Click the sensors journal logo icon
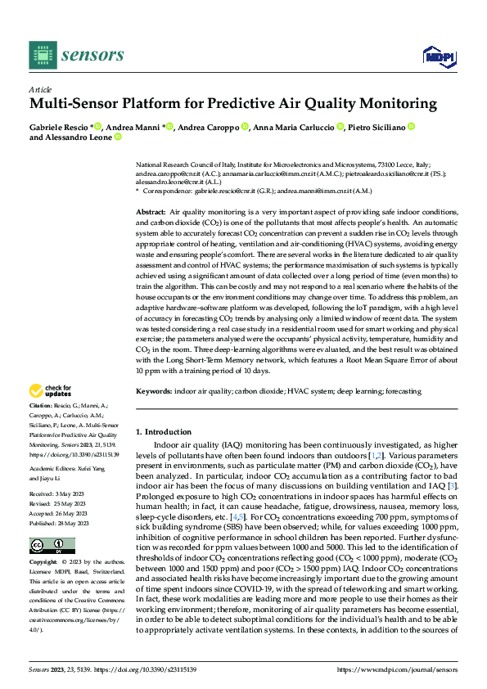[42, 56]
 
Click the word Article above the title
[40, 89]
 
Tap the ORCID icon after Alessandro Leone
[117, 138]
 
